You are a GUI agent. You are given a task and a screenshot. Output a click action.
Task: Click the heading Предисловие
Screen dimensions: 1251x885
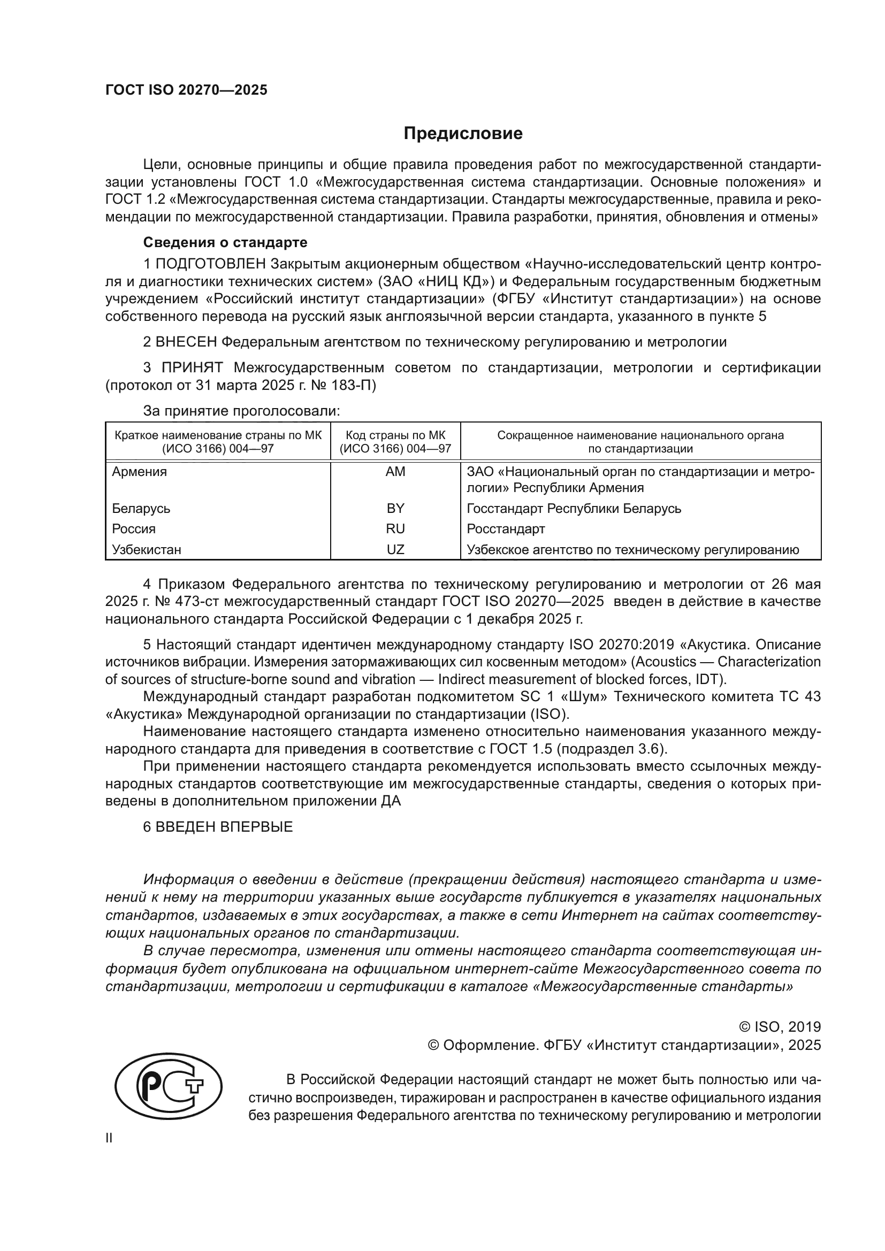point(463,134)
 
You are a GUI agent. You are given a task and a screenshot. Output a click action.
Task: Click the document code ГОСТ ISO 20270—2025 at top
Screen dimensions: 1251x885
point(186,90)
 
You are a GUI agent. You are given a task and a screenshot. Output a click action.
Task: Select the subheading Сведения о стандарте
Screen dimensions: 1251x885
point(225,242)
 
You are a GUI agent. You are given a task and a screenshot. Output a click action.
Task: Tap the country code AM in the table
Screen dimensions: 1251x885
point(395,472)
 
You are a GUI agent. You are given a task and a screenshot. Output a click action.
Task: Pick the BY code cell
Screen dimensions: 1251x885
point(395,508)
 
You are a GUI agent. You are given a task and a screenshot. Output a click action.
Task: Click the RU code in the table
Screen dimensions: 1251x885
point(395,529)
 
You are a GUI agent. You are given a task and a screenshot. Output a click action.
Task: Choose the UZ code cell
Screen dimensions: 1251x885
point(395,550)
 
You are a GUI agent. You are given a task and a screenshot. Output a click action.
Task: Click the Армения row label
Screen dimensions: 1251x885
point(140,472)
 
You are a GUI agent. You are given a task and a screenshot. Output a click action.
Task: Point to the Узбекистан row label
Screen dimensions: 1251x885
point(147,550)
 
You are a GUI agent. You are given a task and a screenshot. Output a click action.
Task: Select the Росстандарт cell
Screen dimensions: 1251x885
point(506,529)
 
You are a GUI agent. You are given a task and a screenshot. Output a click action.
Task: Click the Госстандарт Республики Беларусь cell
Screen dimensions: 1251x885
point(574,508)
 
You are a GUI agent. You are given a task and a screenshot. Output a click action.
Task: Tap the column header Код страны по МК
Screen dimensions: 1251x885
point(395,435)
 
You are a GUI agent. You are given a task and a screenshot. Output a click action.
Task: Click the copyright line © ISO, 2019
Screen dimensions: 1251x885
point(779,1027)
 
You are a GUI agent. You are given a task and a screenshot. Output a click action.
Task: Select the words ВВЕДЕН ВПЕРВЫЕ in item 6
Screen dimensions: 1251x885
point(224,827)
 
